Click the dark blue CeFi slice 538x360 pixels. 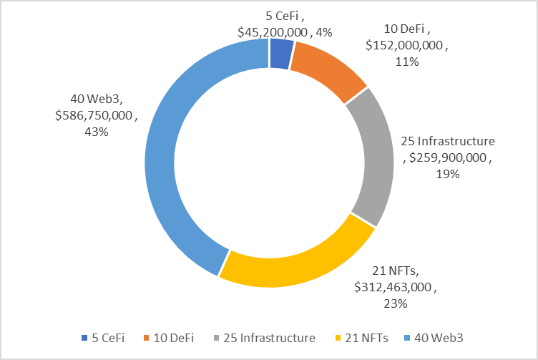[280, 54]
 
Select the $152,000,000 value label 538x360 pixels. [406, 46]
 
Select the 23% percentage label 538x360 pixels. [394, 303]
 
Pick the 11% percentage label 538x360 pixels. [407, 62]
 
